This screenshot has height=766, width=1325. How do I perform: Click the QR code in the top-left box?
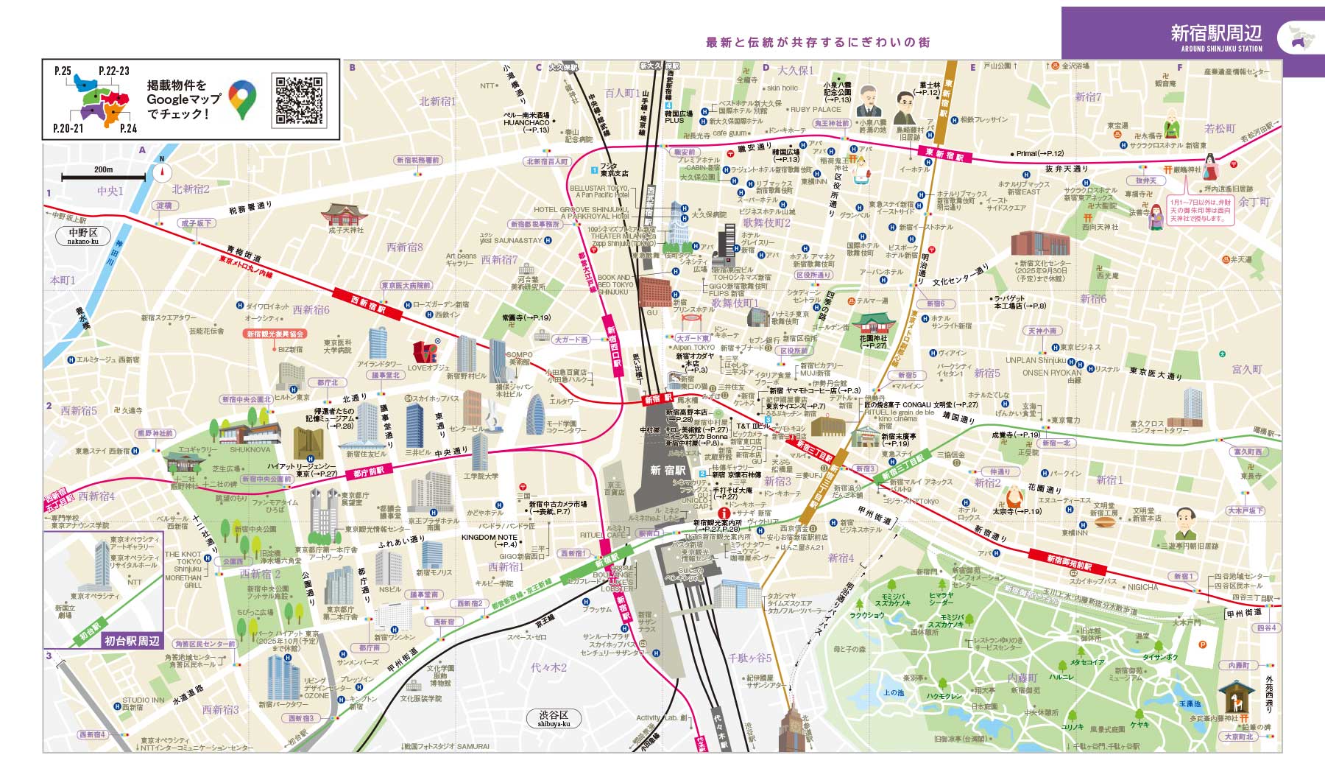(x=300, y=100)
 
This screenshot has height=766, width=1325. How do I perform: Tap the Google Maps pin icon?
(x=242, y=100)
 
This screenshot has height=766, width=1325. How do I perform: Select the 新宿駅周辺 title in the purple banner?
(x=1216, y=34)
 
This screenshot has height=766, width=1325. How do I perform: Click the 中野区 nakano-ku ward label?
(x=82, y=236)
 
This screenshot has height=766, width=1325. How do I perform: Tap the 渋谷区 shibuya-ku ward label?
(x=554, y=718)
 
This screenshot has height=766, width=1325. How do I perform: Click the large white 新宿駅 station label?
(x=667, y=470)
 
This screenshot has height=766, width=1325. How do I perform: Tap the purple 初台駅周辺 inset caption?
(x=132, y=641)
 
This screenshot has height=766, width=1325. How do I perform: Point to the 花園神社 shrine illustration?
(x=873, y=323)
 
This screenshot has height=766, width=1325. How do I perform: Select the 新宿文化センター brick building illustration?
(x=1039, y=243)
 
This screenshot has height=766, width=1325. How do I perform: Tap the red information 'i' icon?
(x=724, y=513)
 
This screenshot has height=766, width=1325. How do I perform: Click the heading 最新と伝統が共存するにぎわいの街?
(x=817, y=43)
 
